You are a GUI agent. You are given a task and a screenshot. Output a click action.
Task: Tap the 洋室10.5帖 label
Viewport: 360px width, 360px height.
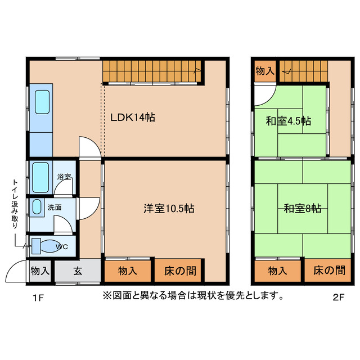[168, 209]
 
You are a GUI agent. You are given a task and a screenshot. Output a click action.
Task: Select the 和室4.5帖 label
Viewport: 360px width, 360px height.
[289, 120]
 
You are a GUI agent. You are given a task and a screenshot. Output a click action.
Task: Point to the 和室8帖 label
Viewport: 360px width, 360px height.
[302, 209]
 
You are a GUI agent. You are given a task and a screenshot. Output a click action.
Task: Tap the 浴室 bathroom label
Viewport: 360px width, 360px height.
[64, 177]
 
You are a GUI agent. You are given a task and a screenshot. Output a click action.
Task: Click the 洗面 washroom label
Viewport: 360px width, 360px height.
[55, 207]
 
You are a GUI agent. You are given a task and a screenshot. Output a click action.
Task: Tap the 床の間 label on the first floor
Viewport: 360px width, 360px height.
[180, 271]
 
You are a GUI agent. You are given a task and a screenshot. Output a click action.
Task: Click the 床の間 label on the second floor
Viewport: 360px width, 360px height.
[329, 271]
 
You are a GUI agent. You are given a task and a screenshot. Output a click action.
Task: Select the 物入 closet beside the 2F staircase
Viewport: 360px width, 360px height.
[264, 71]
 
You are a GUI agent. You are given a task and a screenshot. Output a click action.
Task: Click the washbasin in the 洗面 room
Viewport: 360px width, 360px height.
[37, 206]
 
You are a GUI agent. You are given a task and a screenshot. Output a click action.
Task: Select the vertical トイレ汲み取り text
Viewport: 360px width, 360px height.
[15, 204]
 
